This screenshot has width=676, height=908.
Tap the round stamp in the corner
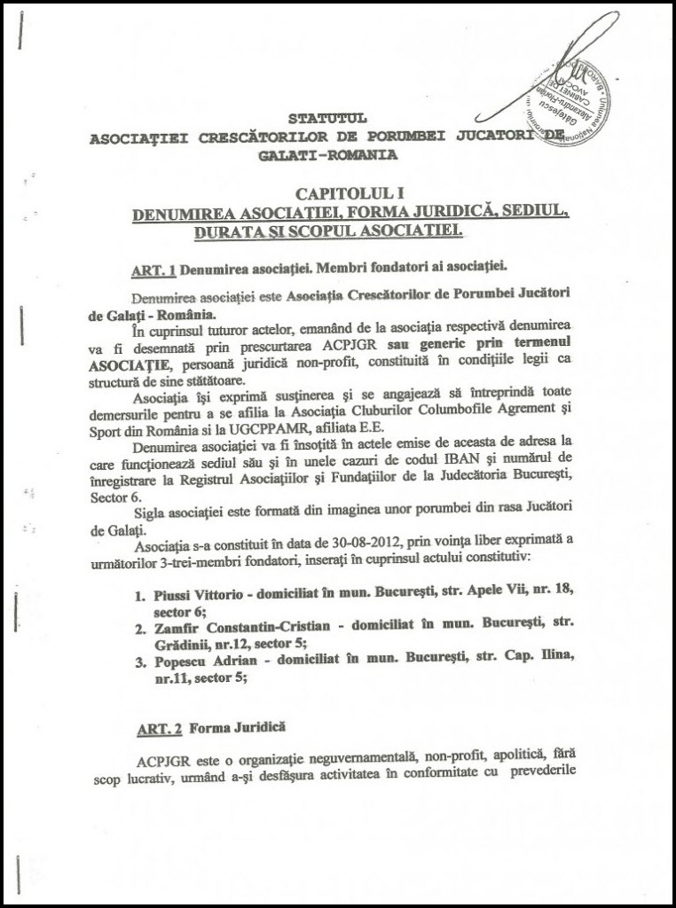point(573,98)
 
